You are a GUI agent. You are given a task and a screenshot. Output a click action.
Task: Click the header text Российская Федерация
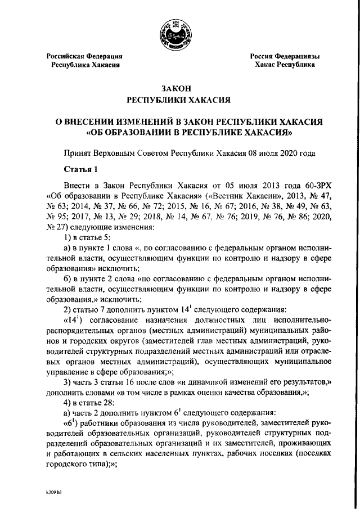84,56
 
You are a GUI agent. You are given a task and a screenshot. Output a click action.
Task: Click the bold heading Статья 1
82,169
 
